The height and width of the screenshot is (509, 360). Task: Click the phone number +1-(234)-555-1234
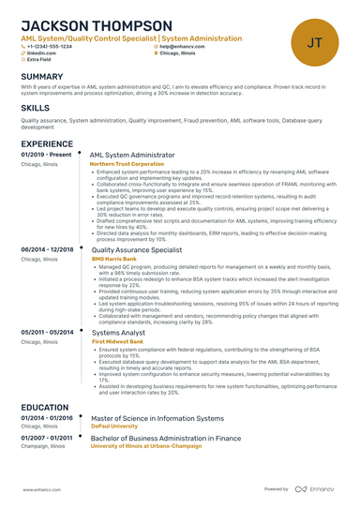click(49, 46)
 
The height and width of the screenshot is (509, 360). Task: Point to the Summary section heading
click(42, 76)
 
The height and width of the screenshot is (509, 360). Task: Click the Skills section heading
click(36, 109)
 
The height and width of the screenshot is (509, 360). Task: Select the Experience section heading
click(47, 142)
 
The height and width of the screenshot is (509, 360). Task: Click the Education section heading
click(45, 408)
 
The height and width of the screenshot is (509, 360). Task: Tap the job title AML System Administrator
click(132, 155)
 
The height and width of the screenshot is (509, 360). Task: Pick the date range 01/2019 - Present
click(46, 155)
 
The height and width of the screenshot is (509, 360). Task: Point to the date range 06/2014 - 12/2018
click(47, 250)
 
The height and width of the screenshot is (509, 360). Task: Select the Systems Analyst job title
click(118, 332)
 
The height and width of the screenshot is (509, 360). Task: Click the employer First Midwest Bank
click(117, 341)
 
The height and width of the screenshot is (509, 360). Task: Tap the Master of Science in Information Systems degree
click(157, 418)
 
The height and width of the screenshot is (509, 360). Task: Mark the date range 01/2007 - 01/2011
click(47, 438)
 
